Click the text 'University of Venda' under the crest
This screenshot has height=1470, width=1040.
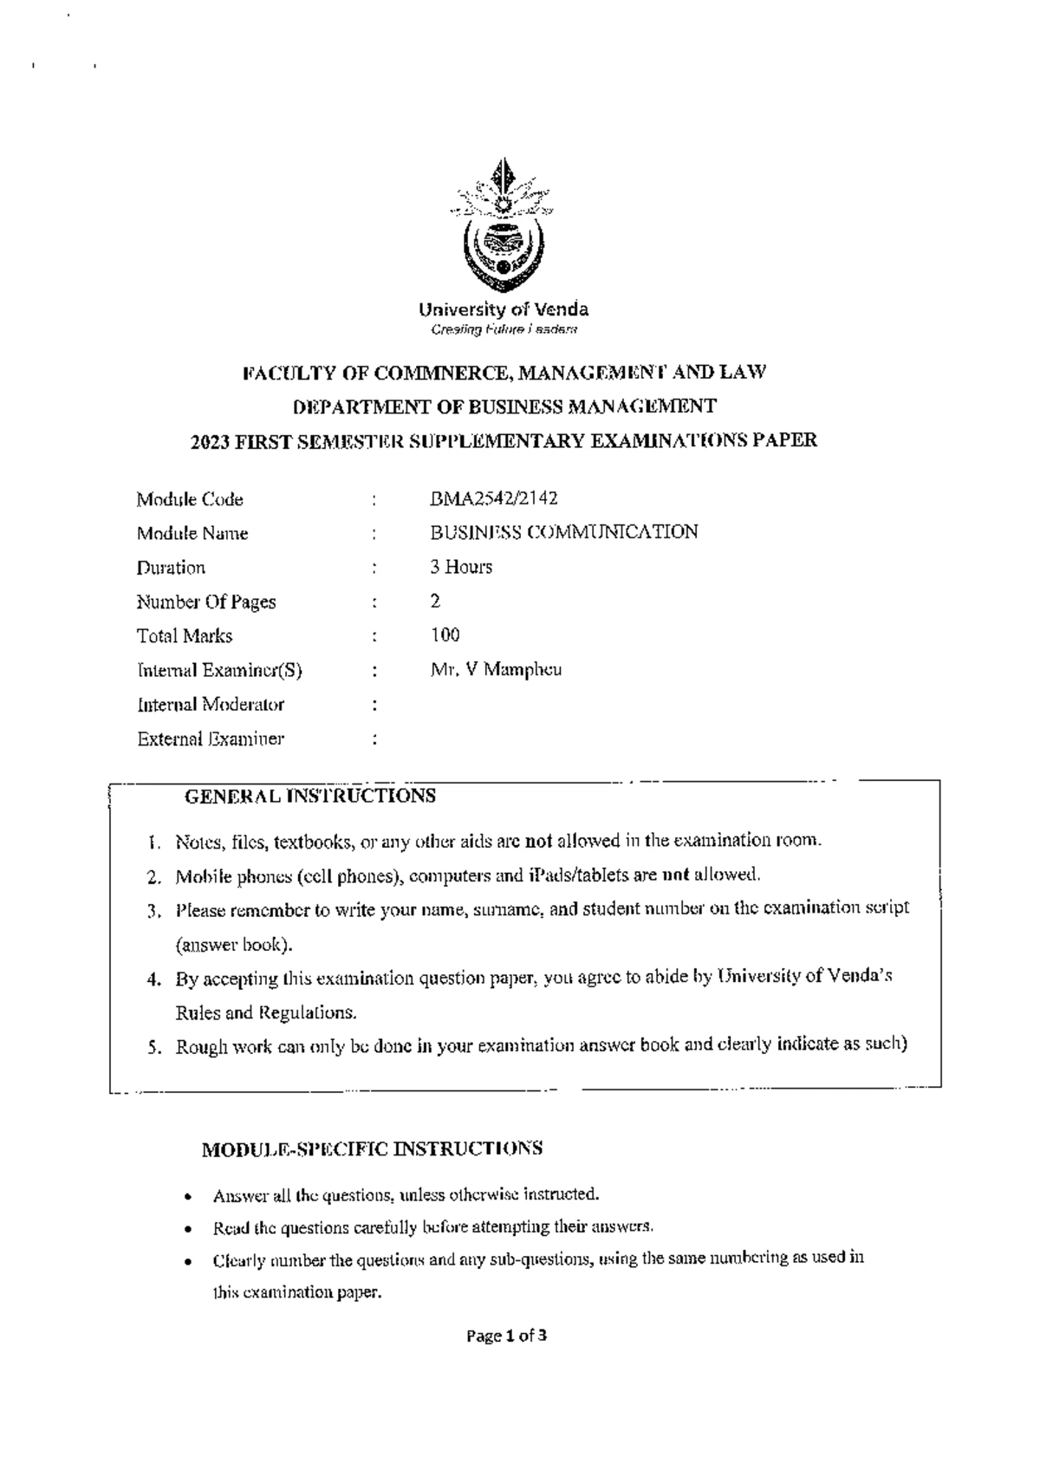504,309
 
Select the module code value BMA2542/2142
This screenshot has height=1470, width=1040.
493,498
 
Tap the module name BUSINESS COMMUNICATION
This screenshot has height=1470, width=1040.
563,532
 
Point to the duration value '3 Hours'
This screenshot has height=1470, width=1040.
461,567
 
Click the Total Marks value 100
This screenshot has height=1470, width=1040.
445,635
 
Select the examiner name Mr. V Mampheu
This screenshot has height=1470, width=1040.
496,669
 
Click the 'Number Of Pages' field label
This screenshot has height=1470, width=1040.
206,602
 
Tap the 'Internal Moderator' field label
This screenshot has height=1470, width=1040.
211,705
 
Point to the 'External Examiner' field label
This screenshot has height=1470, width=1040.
211,739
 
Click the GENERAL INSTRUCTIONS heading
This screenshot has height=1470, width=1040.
310,796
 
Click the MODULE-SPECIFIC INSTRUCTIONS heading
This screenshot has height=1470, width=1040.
372,1149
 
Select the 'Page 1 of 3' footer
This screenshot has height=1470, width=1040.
506,1336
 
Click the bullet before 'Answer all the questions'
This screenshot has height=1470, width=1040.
188,1197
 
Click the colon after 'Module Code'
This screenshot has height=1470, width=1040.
374,499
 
